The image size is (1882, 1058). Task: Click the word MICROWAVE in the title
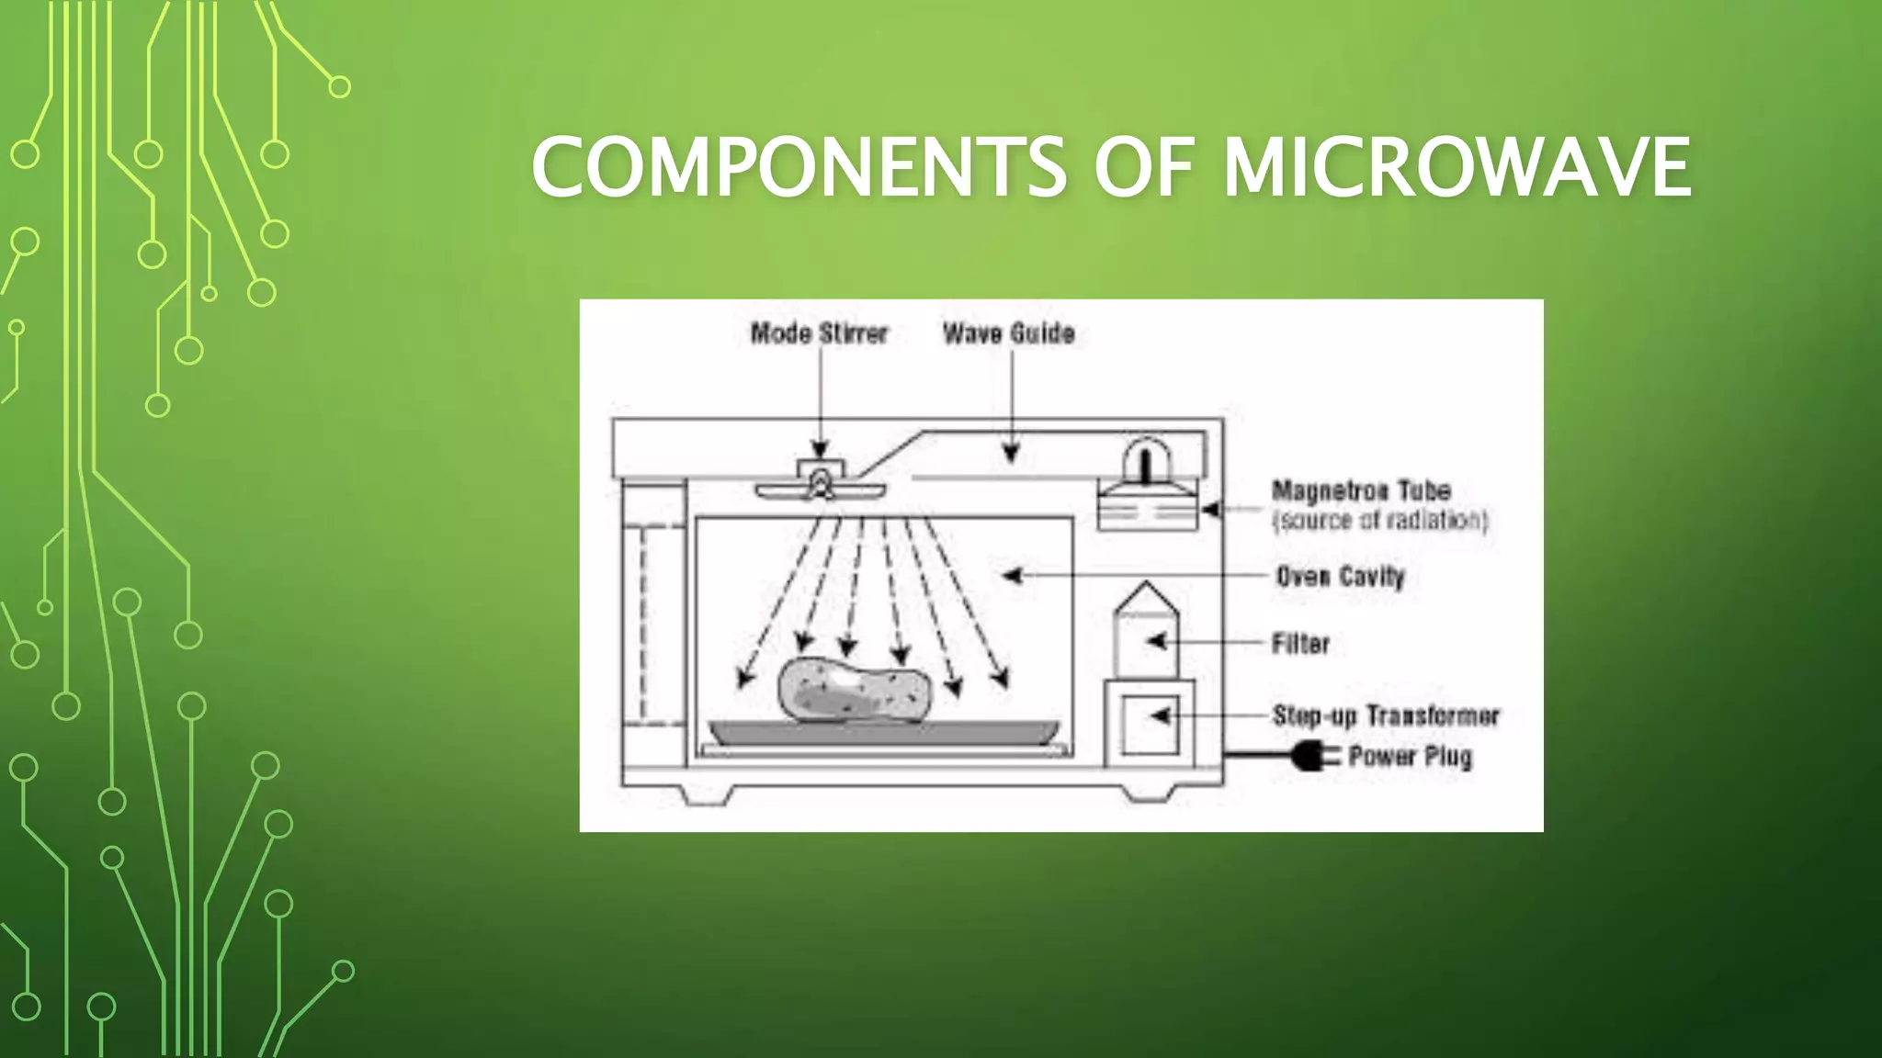(1457, 167)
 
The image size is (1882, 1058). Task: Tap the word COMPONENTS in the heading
(799, 167)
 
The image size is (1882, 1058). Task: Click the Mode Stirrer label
(819, 333)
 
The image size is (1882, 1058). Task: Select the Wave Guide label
(1008, 333)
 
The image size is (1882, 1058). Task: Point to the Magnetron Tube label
(1361, 491)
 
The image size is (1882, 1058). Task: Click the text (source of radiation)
(1379, 521)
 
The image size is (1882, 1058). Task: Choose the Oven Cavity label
(1341, 577)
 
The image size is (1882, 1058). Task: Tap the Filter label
(1300, 644)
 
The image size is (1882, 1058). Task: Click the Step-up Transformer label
(1386, 715)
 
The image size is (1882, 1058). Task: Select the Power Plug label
(1410, 757)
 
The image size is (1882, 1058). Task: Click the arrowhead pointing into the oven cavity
(1012, 576)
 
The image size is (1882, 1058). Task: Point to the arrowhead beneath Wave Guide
(1011, 453)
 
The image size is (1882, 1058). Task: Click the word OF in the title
(1143, 167)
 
